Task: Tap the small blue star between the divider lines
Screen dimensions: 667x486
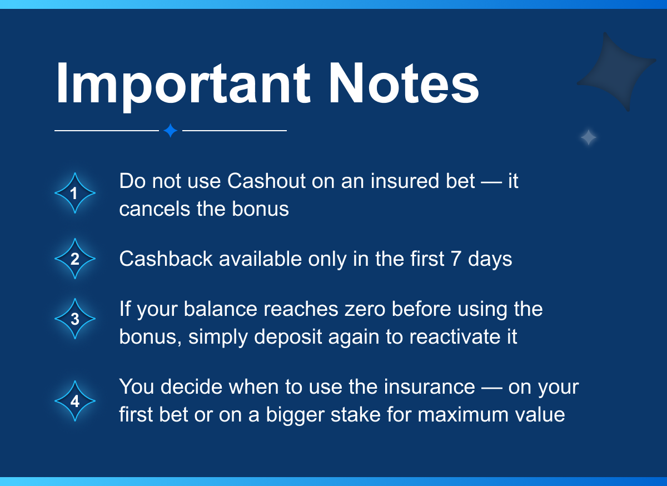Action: coord(171,131)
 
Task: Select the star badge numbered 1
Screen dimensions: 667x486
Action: coord(75,193)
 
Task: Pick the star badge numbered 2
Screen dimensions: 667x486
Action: coord(75,259)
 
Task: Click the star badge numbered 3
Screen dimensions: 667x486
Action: coord(75,319)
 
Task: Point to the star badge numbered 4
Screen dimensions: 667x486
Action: coord(75,401)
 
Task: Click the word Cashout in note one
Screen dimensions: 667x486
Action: coord(266,181)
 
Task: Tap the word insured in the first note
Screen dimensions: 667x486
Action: coord(405,181)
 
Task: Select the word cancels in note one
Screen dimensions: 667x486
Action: coord(155,209)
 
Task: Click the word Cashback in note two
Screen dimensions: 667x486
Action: coord(166,259)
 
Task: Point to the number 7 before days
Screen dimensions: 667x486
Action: coord(456,259)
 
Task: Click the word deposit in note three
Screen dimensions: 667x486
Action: coord(288,338)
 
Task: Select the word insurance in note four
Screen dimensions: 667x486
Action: coord(429,387)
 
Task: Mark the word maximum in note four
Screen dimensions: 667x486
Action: coord(462,415)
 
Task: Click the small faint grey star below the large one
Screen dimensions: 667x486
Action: coord(589,137)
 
